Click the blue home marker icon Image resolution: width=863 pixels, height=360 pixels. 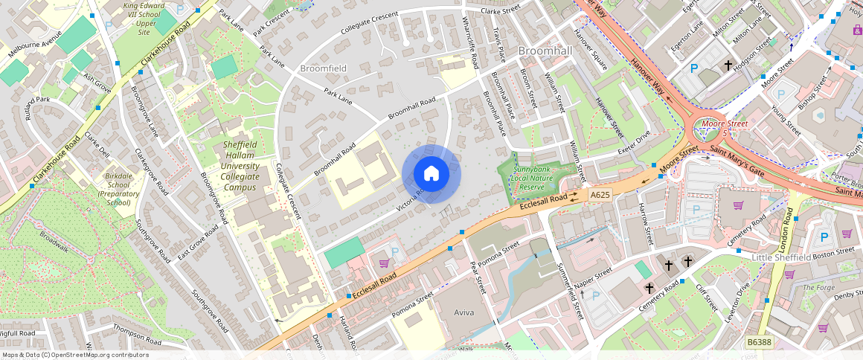click(x=431, y=174)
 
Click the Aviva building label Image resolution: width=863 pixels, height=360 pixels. click(x=463, y=313)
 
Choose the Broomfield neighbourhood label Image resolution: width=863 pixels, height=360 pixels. click(x=323, y=68)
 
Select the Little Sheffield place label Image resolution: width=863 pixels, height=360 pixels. click(x=781, y=257)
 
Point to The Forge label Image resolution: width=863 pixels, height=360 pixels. click(x=819, y=287)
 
